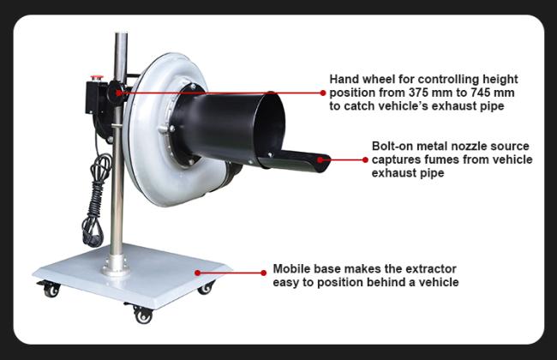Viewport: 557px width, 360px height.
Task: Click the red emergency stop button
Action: click(97, 77)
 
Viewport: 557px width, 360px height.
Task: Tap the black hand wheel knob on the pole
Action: click(117, 92)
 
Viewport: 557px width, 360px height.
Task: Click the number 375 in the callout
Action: click(420, 93)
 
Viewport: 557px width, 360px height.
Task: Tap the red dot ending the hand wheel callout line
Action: click(322, 93)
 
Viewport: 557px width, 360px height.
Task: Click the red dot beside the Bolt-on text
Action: click(365, 160)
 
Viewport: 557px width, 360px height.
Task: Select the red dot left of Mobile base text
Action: click(263, 273)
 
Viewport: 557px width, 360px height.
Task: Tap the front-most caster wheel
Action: click(143, 315)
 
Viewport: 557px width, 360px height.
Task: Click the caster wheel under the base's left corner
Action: click(50, 289)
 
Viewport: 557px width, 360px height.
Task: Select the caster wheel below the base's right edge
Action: click(206, 287)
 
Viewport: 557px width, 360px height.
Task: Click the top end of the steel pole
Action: click(121, 34)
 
